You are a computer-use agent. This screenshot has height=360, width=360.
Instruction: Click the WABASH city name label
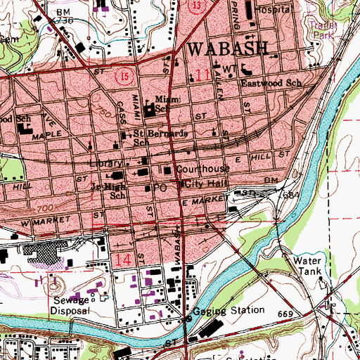point(228,49)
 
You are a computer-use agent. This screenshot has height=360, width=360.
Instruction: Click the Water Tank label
point(307,266)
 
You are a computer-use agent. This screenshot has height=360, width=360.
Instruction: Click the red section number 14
point(124,260)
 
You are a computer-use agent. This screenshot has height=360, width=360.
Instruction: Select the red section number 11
point(203,74)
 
